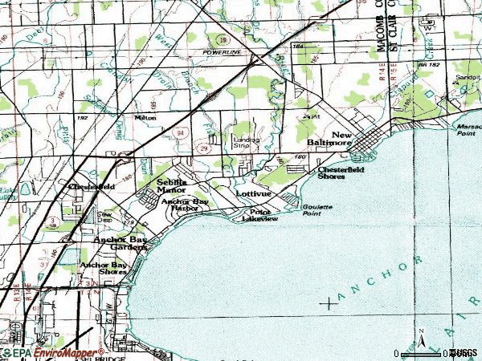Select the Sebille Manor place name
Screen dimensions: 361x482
click(170, 186)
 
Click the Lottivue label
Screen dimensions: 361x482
click(254, 194)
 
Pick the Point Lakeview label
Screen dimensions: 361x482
click(260, 215)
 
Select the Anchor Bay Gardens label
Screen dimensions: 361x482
click(120, 243)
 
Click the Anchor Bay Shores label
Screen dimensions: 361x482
click(103, 268)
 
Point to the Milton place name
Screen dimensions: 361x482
click(145, 118)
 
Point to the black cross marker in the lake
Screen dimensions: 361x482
click(329, 302)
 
